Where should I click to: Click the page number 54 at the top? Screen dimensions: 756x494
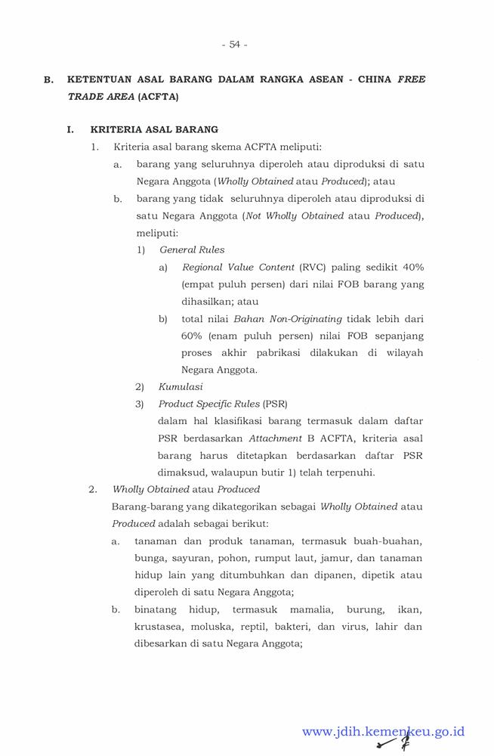tap(234, 45)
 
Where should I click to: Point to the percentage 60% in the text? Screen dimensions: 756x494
tap(194, 336)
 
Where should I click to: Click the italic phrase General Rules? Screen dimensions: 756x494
tap(192, 250)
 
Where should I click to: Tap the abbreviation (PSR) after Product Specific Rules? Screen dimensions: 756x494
tap(275, 404)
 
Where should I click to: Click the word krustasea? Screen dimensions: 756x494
tap(159, 627)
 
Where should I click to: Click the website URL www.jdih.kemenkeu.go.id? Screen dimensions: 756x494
tap(383, 732)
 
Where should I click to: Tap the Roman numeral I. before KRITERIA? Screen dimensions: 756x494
tap(70, 129)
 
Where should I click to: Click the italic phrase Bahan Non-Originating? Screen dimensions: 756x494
tap(288, 319)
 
